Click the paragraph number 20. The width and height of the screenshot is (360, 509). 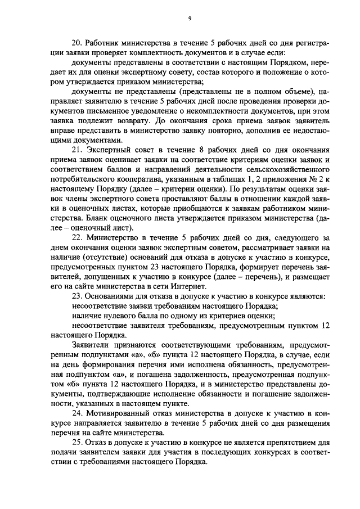(78, 43)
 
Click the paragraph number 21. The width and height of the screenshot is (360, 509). (78, 149)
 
